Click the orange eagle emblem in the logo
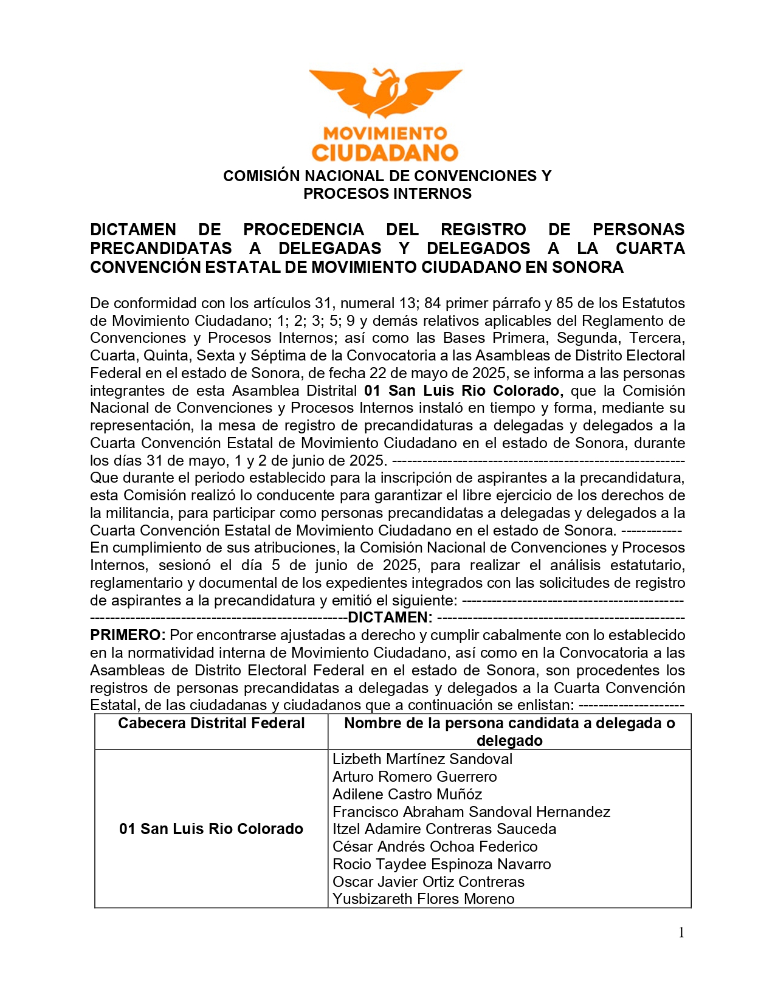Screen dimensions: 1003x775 pos(385,92)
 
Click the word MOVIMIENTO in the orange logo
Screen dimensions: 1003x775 pos(385,133)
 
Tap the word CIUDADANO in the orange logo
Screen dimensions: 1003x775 pos(385,152)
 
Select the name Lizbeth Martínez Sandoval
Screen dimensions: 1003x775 pos(422,759)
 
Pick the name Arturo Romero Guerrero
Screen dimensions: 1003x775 pos(415,777)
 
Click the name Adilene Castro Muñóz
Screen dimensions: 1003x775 pos(407,794)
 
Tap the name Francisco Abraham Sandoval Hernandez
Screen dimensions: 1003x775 pos(471,812)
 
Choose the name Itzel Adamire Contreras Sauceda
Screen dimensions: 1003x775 pos(444,829)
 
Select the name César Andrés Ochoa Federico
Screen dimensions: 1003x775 pos(435,847)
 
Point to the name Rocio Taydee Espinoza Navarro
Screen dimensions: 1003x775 pos(442,864)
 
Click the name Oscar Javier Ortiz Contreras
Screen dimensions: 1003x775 pos(429,882)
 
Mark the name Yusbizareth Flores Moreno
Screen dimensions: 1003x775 pos(424,899)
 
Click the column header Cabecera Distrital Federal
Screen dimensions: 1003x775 pos(211,723)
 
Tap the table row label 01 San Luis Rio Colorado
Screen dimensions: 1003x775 pos(211,829)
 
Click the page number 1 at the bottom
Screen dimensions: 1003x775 pos(681,933)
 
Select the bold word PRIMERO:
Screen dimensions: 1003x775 pos(128,635)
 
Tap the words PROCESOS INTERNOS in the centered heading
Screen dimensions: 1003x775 pos(387,194)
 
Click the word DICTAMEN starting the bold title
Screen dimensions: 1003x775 pos(133,230)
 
